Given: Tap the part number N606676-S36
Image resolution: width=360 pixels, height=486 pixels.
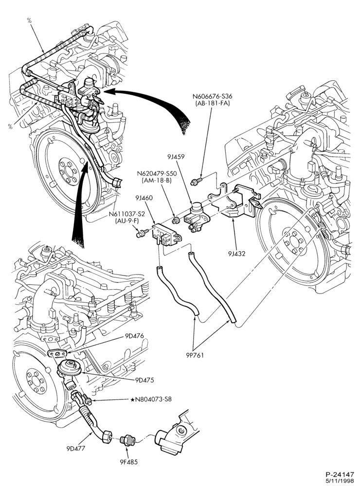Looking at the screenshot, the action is pos(212,97).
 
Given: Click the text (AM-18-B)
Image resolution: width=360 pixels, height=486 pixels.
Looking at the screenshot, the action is pos(155,180).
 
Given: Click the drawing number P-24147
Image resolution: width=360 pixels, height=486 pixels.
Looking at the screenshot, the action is pos(340,474).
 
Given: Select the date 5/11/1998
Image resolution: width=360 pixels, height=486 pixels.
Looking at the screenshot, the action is pos(341,481).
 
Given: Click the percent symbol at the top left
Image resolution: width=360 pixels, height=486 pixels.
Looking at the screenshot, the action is pos(29,20).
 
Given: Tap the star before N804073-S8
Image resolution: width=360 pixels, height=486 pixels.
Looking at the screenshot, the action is pos(132,399).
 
